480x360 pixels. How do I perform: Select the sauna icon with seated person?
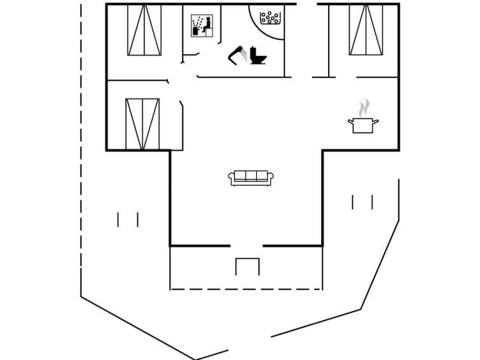(201, 26)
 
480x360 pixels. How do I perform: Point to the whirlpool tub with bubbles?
(270, 17)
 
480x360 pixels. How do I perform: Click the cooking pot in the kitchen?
(363, 124)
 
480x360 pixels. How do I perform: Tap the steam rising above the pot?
(364, 107)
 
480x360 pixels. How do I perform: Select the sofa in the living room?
(251, 177)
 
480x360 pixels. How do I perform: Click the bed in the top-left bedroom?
(144, 30)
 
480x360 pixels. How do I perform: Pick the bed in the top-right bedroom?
(366, 30)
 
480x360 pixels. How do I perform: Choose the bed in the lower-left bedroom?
(142, 123)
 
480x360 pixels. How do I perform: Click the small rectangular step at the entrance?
(247, 267)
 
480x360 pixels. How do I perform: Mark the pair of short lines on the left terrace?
(128, 219)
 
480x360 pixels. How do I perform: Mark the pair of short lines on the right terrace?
(362, 202)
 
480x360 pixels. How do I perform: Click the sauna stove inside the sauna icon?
(196, 29)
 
